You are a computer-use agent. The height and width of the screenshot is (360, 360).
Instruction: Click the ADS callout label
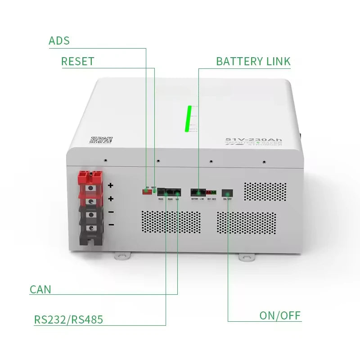coord(59,40)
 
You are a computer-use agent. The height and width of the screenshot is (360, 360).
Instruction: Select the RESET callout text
coord(77,61)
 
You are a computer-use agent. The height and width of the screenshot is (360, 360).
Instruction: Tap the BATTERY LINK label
coord(253,61)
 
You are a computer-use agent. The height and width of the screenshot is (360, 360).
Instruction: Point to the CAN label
coord(40,289)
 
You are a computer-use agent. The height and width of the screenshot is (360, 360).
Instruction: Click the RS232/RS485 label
coord(68,320)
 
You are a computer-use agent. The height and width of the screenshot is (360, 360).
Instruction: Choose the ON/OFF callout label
coord(280,315)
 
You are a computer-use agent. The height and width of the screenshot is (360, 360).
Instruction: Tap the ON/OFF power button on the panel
coord(228,192)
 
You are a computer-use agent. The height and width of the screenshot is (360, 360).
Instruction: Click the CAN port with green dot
coord(177,192)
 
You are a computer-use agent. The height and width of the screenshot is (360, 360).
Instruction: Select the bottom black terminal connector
coord(91,229)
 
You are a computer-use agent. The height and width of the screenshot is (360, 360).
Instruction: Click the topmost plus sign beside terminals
coord(111,185)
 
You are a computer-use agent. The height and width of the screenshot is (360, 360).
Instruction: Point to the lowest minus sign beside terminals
coord(111,224)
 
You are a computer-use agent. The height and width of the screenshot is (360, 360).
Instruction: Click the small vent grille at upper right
coord(265,192)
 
